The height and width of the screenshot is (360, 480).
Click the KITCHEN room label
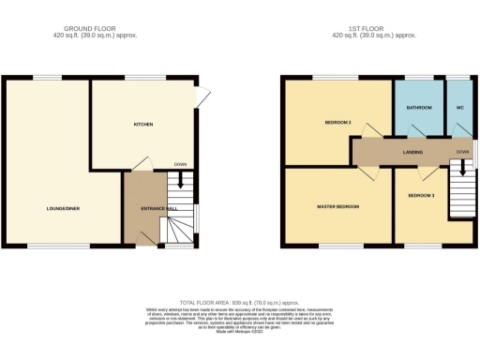pos(142,125)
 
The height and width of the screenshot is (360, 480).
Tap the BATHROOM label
pos(419,109)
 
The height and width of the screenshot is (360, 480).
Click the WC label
pos(459,109)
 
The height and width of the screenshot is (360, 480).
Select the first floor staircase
pos(461,187)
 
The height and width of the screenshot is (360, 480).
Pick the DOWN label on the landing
pos(461,151)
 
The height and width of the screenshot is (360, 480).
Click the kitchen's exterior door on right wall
pos(202,96)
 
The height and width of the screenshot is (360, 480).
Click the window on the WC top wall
pos(459,78)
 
